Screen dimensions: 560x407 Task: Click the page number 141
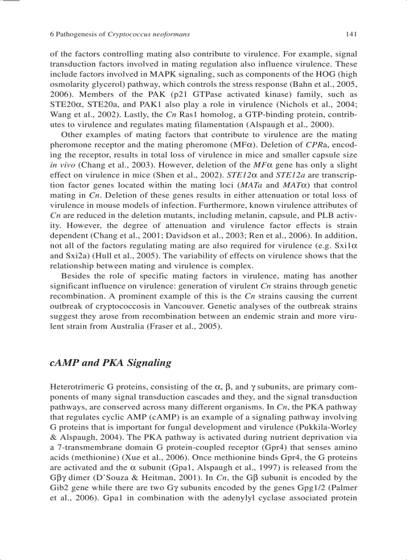click(x=350, y=34)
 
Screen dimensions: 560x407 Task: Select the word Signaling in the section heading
click(x=148, y=363)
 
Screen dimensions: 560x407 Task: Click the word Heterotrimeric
click(x=75, y=387)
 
